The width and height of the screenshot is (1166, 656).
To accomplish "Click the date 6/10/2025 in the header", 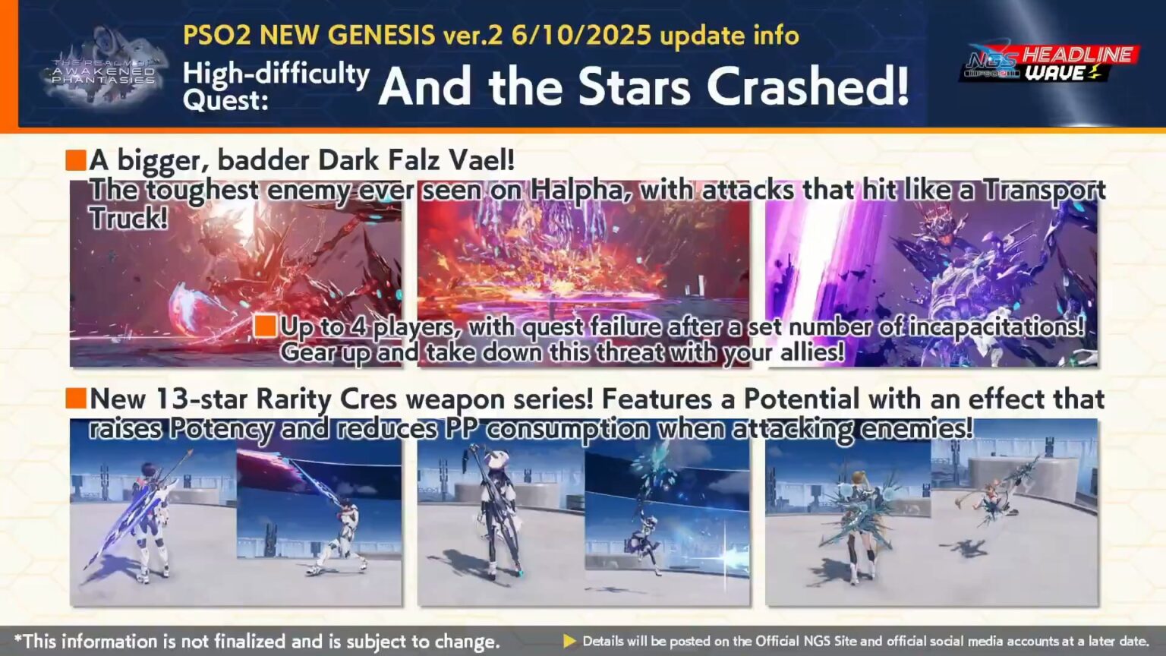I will pos(581,35).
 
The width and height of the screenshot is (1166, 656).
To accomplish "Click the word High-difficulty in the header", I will pos(276,74).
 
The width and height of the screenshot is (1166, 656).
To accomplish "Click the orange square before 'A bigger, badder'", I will pos(76,160).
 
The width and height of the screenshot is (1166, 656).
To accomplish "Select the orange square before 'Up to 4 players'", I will pos(265,326).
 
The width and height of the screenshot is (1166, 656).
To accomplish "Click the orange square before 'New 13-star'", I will pos(76,398).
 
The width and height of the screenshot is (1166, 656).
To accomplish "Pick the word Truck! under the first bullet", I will pos(128,219).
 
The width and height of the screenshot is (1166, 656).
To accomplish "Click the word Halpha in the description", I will pos(580,190).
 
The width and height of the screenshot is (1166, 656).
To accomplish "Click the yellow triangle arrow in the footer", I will pos(569,642).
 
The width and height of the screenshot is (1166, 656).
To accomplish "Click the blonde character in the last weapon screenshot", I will pos(862,524).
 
